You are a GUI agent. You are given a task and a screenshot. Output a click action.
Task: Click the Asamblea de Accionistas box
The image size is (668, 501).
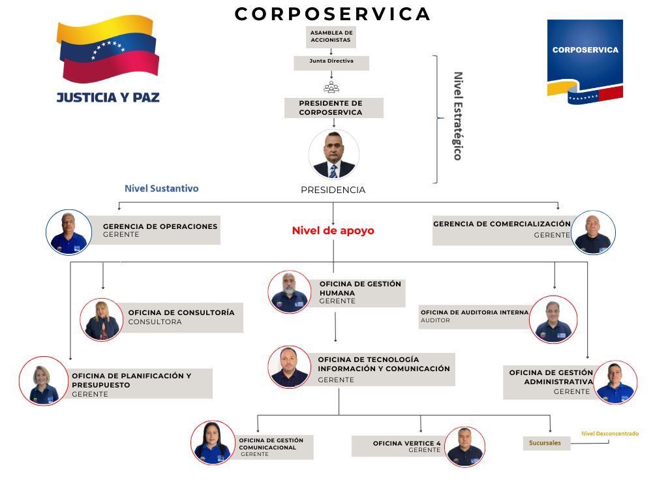pyautogui.click(x=331, y=37)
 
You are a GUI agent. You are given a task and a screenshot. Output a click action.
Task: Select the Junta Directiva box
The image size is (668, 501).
pyautogui.click(x=331, y=63)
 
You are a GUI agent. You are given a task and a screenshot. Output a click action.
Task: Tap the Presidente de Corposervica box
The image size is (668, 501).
pyautogui.click(x=333, y=108)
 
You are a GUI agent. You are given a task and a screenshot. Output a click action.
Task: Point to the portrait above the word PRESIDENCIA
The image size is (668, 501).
pyautogui.click(x=333, y=155)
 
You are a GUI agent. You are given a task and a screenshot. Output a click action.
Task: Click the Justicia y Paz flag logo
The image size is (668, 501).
pyautogui.click(x=108, y=62)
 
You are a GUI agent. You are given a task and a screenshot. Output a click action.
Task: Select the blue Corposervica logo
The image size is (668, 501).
pyautogui.click(x=584, y=62)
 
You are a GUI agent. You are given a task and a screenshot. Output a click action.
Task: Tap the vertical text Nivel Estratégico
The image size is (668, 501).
pyautogui.click(x=458, y=116)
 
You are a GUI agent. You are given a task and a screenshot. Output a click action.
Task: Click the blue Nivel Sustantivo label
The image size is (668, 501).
pyautogui.click(x=162, y=189)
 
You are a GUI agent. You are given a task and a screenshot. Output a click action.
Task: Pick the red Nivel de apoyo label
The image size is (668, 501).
pyautogui.click(x=333, y=231)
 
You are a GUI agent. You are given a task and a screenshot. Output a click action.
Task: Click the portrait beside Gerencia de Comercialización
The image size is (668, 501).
pyautogui.click(x=594, y=232)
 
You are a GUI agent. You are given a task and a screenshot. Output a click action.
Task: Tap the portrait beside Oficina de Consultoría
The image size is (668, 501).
pyautogui.click(x=102, y=320)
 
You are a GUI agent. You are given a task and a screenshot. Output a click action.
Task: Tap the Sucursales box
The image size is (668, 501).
pyautogui.click(x=545, y=443)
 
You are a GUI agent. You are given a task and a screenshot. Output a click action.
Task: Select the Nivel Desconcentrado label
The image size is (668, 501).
pyautogui.click(x=609, y=433)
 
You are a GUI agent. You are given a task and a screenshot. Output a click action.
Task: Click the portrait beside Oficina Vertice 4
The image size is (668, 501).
pyautogui.click(x=465, y=447)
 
